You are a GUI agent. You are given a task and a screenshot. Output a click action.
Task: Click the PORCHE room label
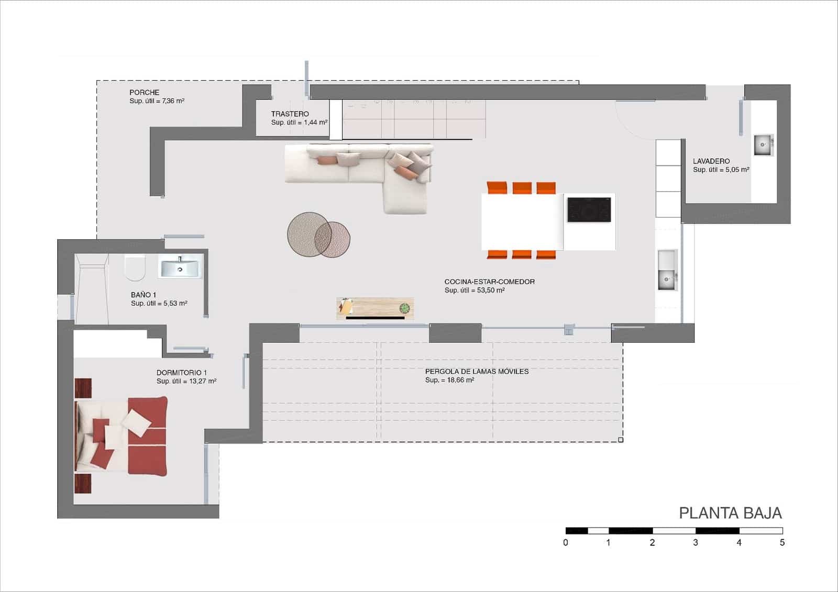145,92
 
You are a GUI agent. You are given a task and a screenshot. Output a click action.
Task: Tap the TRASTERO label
290,114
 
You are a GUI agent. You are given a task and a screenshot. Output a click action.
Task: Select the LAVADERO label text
711,161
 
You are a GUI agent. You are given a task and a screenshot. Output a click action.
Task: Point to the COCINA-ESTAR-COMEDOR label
489,282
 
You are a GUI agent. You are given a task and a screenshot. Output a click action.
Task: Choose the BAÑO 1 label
144,295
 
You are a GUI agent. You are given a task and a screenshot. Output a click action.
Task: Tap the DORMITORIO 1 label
181,373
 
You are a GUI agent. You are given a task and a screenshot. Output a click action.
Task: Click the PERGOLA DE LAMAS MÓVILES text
477,371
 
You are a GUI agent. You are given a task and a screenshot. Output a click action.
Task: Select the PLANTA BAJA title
730,513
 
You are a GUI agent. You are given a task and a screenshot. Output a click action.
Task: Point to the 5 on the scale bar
782,542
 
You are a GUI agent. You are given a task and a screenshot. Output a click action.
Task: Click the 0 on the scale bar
566,542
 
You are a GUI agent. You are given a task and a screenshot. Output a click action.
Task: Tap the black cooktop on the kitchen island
589,210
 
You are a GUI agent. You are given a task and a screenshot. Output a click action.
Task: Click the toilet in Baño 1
135,268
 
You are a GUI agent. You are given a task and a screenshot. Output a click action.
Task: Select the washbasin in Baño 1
180,267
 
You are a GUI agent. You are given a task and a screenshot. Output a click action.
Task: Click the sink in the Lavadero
764,144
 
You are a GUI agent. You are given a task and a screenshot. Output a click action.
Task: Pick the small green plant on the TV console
404,308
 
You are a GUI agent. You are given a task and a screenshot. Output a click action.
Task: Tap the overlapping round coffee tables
318,235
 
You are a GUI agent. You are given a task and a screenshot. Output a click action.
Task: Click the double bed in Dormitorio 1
121,437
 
